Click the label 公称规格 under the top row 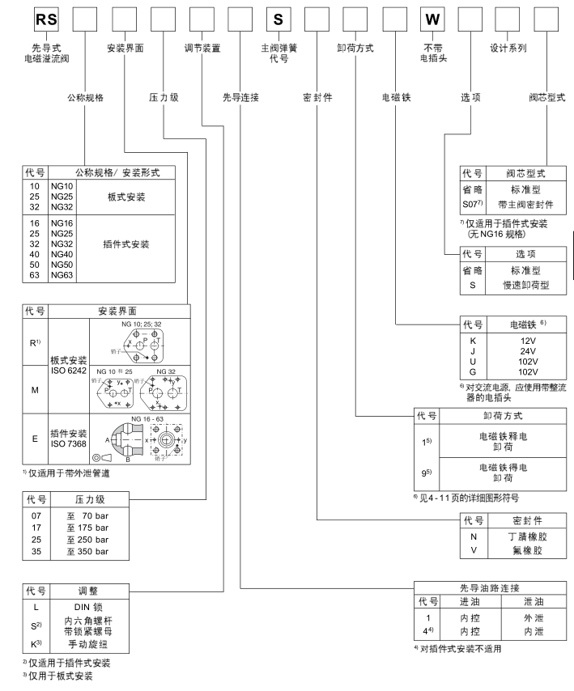pyautogui.click(x=84, y=96)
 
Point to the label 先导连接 pyautogui.click(x=240, y=96)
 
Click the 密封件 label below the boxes pyautogui.click(x=317, y=96)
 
